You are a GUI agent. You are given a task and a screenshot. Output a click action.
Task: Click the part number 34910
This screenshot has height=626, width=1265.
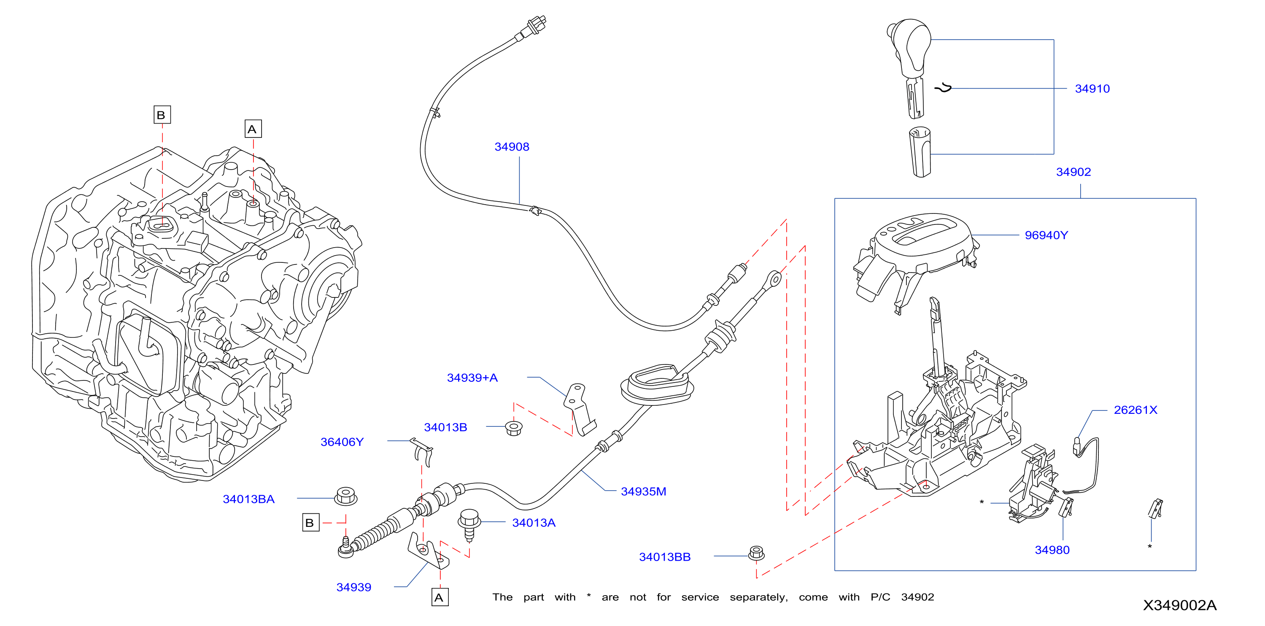[1092, 89]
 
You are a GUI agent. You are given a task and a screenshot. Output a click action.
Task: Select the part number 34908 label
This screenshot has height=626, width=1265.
[512, 147]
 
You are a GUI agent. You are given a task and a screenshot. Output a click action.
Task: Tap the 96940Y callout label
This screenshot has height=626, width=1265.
[1046, 235]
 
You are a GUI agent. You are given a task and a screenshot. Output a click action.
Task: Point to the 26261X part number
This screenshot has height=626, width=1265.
[1136, 410]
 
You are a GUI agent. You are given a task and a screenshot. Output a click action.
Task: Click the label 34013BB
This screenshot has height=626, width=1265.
[664, 557]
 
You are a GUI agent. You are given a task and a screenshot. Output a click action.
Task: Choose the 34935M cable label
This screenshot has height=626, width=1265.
[643, 491]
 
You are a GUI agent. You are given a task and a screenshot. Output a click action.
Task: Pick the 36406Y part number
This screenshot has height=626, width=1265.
[342, 442]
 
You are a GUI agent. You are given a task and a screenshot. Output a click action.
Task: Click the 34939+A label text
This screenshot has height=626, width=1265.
[472, 378]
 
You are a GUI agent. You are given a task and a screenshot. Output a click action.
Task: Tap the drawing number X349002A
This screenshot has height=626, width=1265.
[1179, 605]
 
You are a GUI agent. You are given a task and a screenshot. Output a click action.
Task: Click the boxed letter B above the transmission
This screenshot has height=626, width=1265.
[162, 115]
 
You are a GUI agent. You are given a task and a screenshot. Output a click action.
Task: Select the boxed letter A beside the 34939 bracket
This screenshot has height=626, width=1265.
[440, 597]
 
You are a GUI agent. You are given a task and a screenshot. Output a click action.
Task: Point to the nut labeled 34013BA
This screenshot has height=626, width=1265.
[346, 496]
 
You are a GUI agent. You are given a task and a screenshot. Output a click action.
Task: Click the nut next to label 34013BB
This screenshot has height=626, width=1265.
[756, 553]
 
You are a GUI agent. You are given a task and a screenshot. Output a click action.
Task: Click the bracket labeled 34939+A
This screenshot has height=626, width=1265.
[580, 410]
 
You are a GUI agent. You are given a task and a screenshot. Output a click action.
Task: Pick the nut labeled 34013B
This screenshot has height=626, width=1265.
[514, 428]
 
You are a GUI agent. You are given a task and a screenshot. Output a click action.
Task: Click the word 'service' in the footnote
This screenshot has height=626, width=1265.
[700, 597]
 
